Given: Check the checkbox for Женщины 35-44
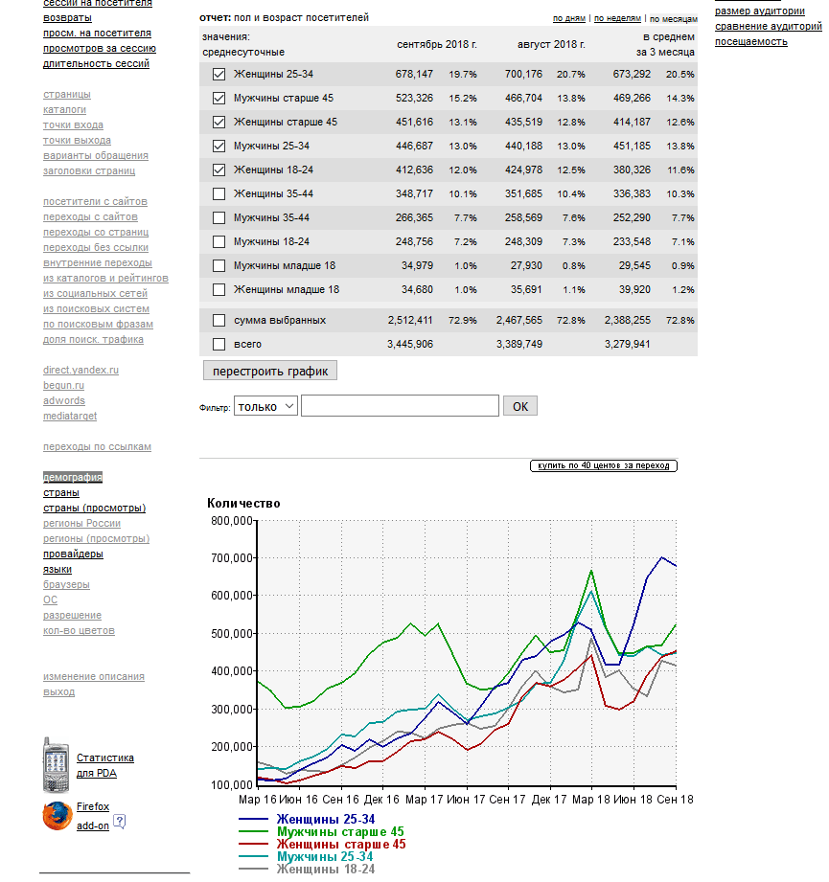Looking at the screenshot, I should (219, 193).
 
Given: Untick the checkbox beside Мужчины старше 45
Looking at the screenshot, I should (219, 98).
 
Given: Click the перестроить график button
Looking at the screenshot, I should (270, 371).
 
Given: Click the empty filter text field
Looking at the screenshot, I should (400, 406).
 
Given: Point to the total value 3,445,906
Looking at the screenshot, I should (411, 344).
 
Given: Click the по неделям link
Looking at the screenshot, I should (617, 18).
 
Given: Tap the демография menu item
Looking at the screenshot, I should (73, 477).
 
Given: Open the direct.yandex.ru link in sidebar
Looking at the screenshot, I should (81, 370).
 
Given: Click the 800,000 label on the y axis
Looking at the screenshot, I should (229, 521).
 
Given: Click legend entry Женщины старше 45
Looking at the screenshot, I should (340, 844).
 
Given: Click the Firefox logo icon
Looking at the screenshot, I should (57, 815).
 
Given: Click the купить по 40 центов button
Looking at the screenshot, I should (604, 465).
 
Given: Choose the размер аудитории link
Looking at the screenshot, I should (760, 11).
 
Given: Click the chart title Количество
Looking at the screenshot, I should (243, 503).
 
